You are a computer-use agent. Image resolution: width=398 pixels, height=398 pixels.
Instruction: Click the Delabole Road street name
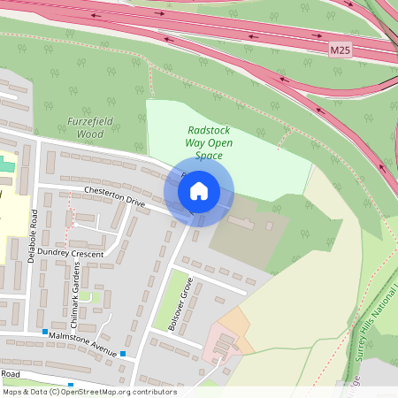[x=33, y=233]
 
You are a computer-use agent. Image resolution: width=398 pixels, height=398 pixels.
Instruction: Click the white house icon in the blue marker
[x=199, y=190]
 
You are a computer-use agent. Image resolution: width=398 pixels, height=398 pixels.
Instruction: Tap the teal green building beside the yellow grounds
[x=6, y=165]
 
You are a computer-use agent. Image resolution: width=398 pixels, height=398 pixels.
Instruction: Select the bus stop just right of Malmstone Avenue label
[x=123, y=354]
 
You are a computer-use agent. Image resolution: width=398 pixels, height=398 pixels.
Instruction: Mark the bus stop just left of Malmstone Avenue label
[x=44, y=332]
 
